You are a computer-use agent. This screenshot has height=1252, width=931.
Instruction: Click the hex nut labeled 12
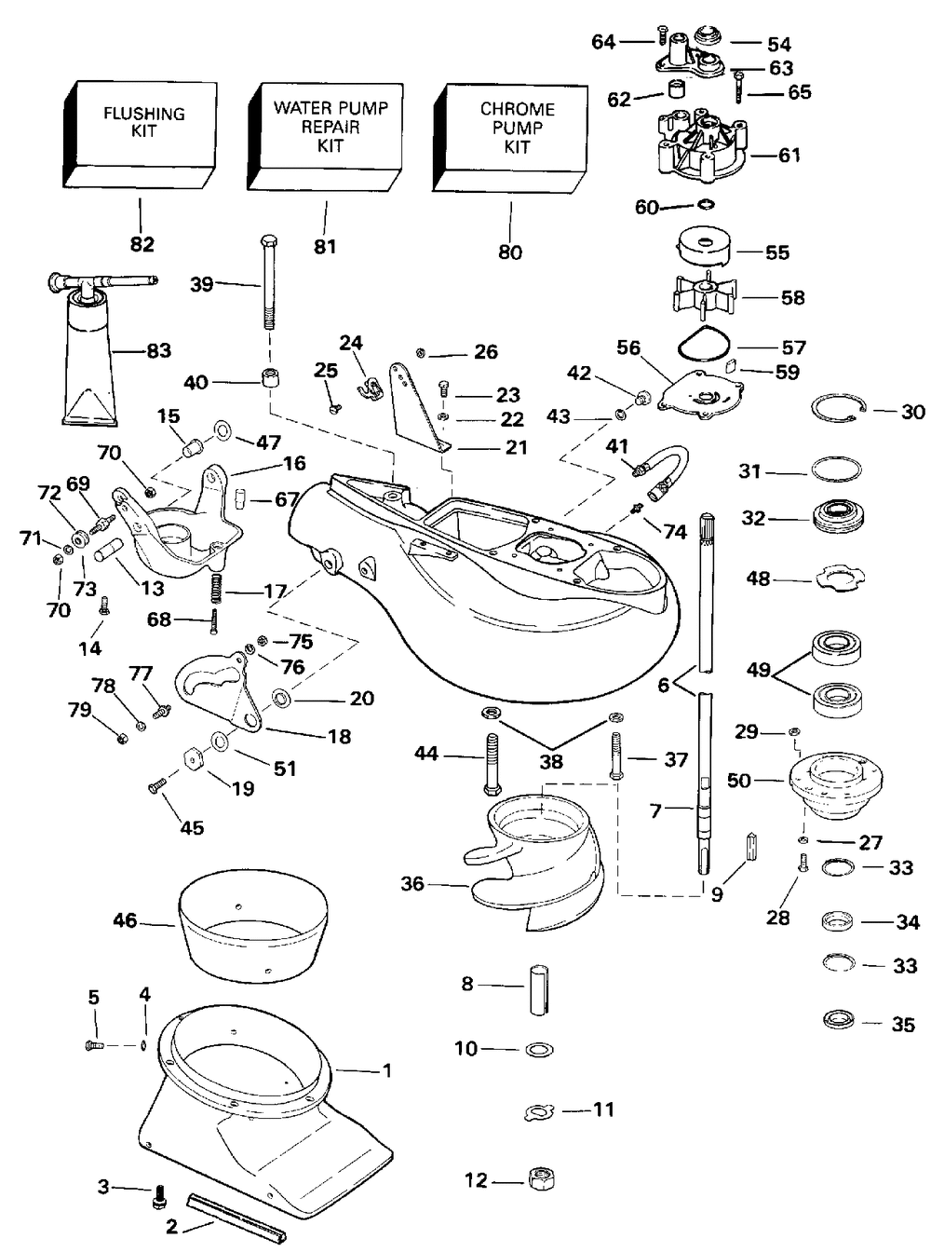[x=538, y=1179]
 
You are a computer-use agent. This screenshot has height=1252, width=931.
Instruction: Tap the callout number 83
[x=159, y=350]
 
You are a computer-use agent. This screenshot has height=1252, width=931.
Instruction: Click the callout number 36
[x=412, y=883]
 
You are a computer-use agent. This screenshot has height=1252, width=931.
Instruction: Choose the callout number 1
[x=387, y=1070]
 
